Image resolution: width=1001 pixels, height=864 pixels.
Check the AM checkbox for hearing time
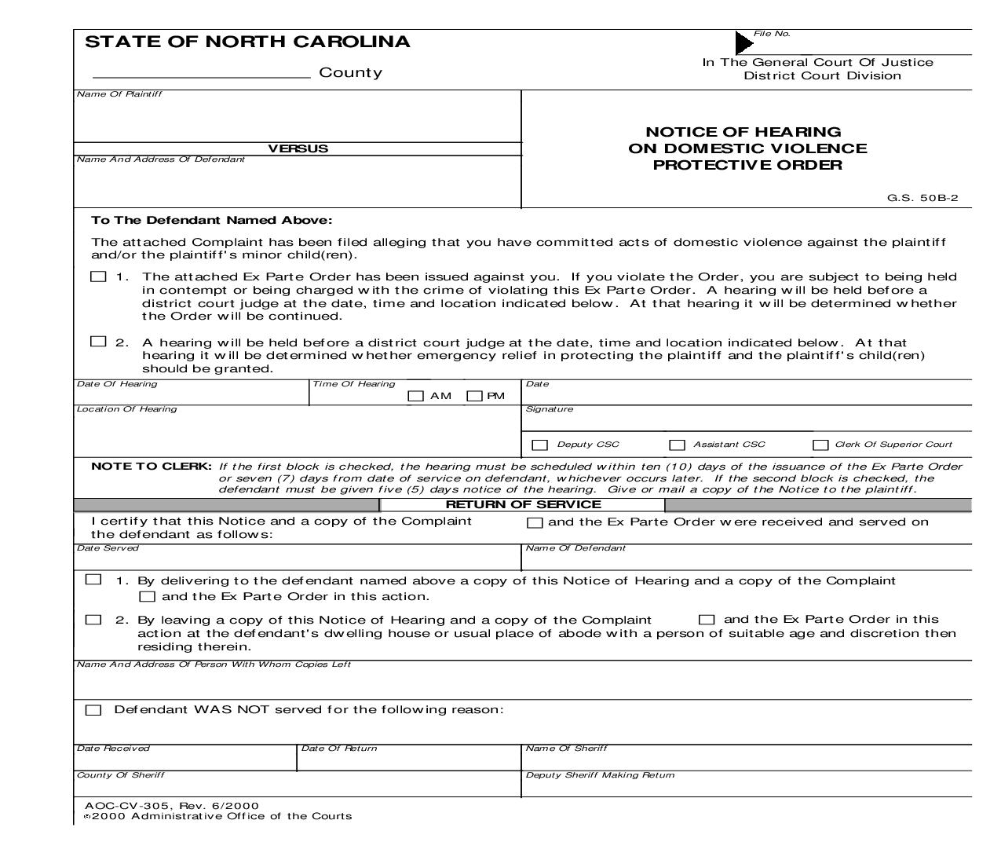pos(415,397)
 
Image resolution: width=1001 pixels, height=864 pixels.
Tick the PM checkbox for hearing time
pos(474,397)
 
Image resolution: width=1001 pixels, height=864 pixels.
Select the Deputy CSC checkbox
pos(539,445)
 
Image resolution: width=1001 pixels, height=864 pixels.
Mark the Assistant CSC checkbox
pos(677,445)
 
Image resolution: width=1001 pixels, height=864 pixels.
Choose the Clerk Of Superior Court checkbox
pos(820,445)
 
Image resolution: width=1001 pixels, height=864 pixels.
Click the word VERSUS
pos(298,148)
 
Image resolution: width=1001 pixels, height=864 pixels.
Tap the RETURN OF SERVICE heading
pos(523,504)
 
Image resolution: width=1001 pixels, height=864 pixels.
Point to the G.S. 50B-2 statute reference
pos(922,198)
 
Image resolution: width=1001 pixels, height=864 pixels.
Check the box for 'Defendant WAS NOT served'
pos(93,710)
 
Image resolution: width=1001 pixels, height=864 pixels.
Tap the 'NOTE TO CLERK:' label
pos(152,466)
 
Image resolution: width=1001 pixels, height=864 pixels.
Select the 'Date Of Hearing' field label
pos(117,384)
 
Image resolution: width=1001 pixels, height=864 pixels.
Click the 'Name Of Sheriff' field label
pos(566,748)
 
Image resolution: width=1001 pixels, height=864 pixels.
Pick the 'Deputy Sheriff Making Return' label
pos(600,774)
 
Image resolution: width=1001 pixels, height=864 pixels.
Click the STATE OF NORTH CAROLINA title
pos(247,42)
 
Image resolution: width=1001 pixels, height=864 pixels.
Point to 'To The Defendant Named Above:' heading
pos(212,221)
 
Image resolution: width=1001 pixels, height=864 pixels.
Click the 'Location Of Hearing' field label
pos(126,408)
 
